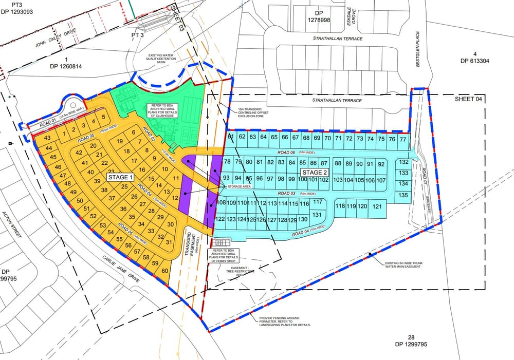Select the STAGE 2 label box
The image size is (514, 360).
click(315, 172)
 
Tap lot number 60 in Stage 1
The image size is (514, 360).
click(165, 271)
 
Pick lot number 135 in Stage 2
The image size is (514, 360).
click(403, 195)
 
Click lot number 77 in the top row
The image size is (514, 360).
click(403, 139)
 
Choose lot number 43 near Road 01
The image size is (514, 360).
click(47, 139)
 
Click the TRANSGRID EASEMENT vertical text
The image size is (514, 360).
click(195, 241)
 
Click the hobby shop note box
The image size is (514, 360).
click(223, 256)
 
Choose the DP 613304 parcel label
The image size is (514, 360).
click(475, 57)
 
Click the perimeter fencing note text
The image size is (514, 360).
click(285, 321)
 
